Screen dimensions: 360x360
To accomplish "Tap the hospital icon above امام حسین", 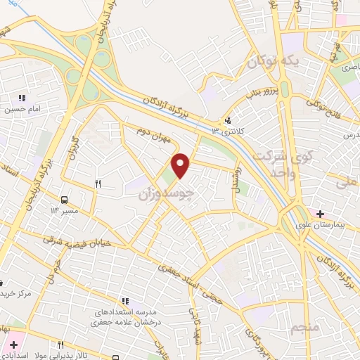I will coord(22,98).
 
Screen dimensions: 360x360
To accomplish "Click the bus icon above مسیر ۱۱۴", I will coord(65,199).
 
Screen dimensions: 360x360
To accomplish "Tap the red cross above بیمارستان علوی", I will coord(321,213).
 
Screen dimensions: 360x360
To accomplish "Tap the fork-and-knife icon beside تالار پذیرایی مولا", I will coord(61,345).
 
